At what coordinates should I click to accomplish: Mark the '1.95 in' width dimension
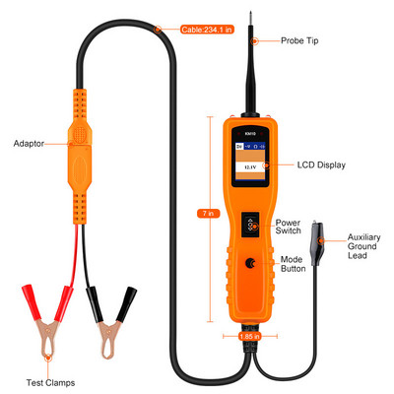250,337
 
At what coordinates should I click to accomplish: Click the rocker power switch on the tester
250,225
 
